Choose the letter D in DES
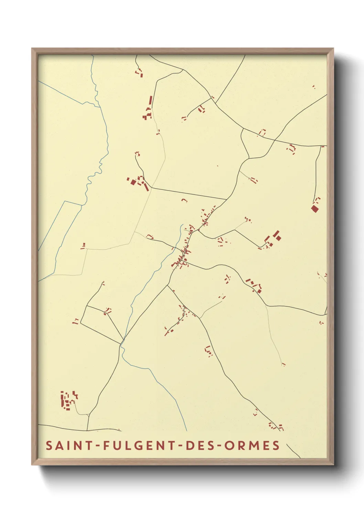point(190,445)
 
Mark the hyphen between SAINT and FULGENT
point(98,446)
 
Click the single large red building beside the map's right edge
point(314,208)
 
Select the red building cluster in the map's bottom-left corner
point(68,400)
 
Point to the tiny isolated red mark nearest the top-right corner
point(313,87)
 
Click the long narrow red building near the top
point(150,101)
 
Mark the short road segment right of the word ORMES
point(293,450)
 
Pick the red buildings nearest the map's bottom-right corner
point(276,427)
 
